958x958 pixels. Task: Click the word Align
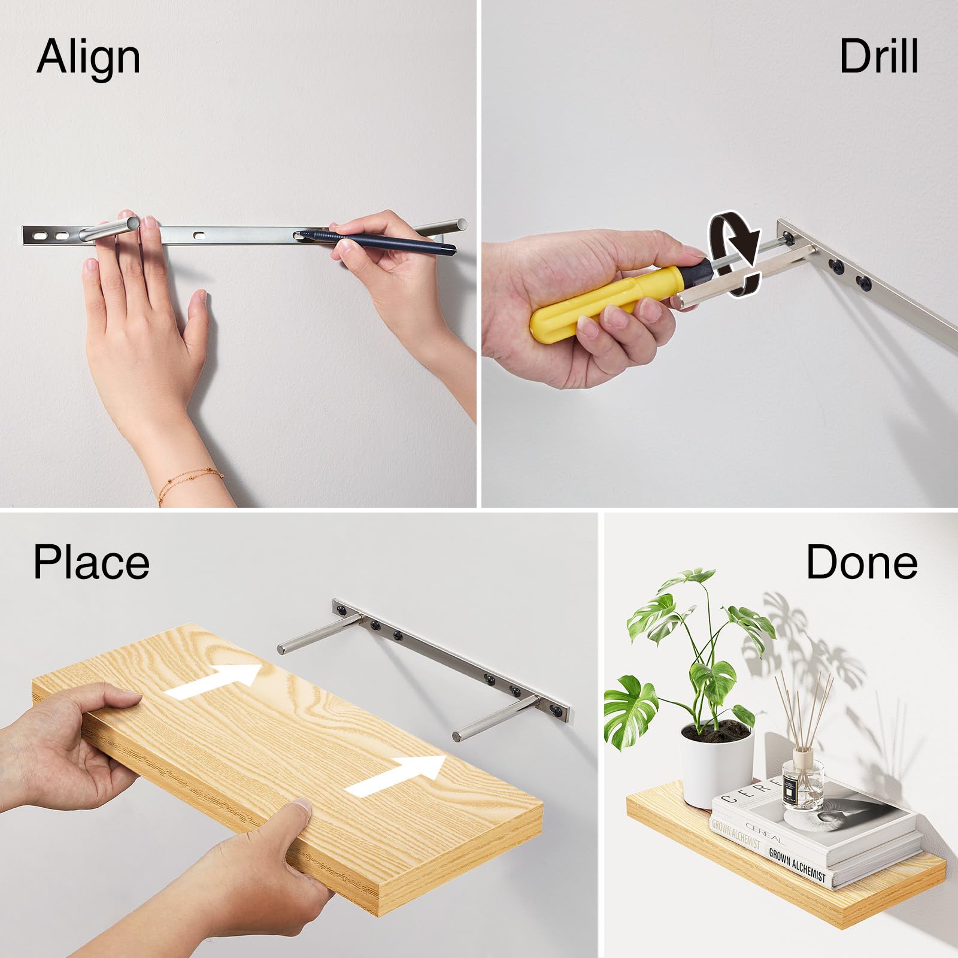[89, 57]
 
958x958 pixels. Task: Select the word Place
[91, 562]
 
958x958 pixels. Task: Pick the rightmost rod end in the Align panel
[460, 223]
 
